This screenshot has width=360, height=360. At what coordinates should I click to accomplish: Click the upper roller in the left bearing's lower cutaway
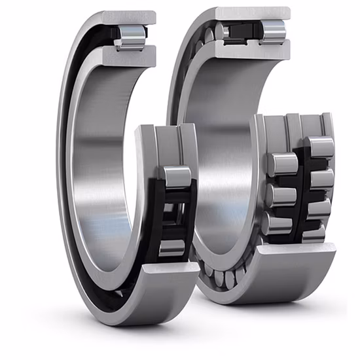tap(175, 176)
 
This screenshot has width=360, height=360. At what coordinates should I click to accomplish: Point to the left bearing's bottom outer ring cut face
tap(168, 268)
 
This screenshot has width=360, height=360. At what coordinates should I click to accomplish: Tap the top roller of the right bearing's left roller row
tap(282, 164)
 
